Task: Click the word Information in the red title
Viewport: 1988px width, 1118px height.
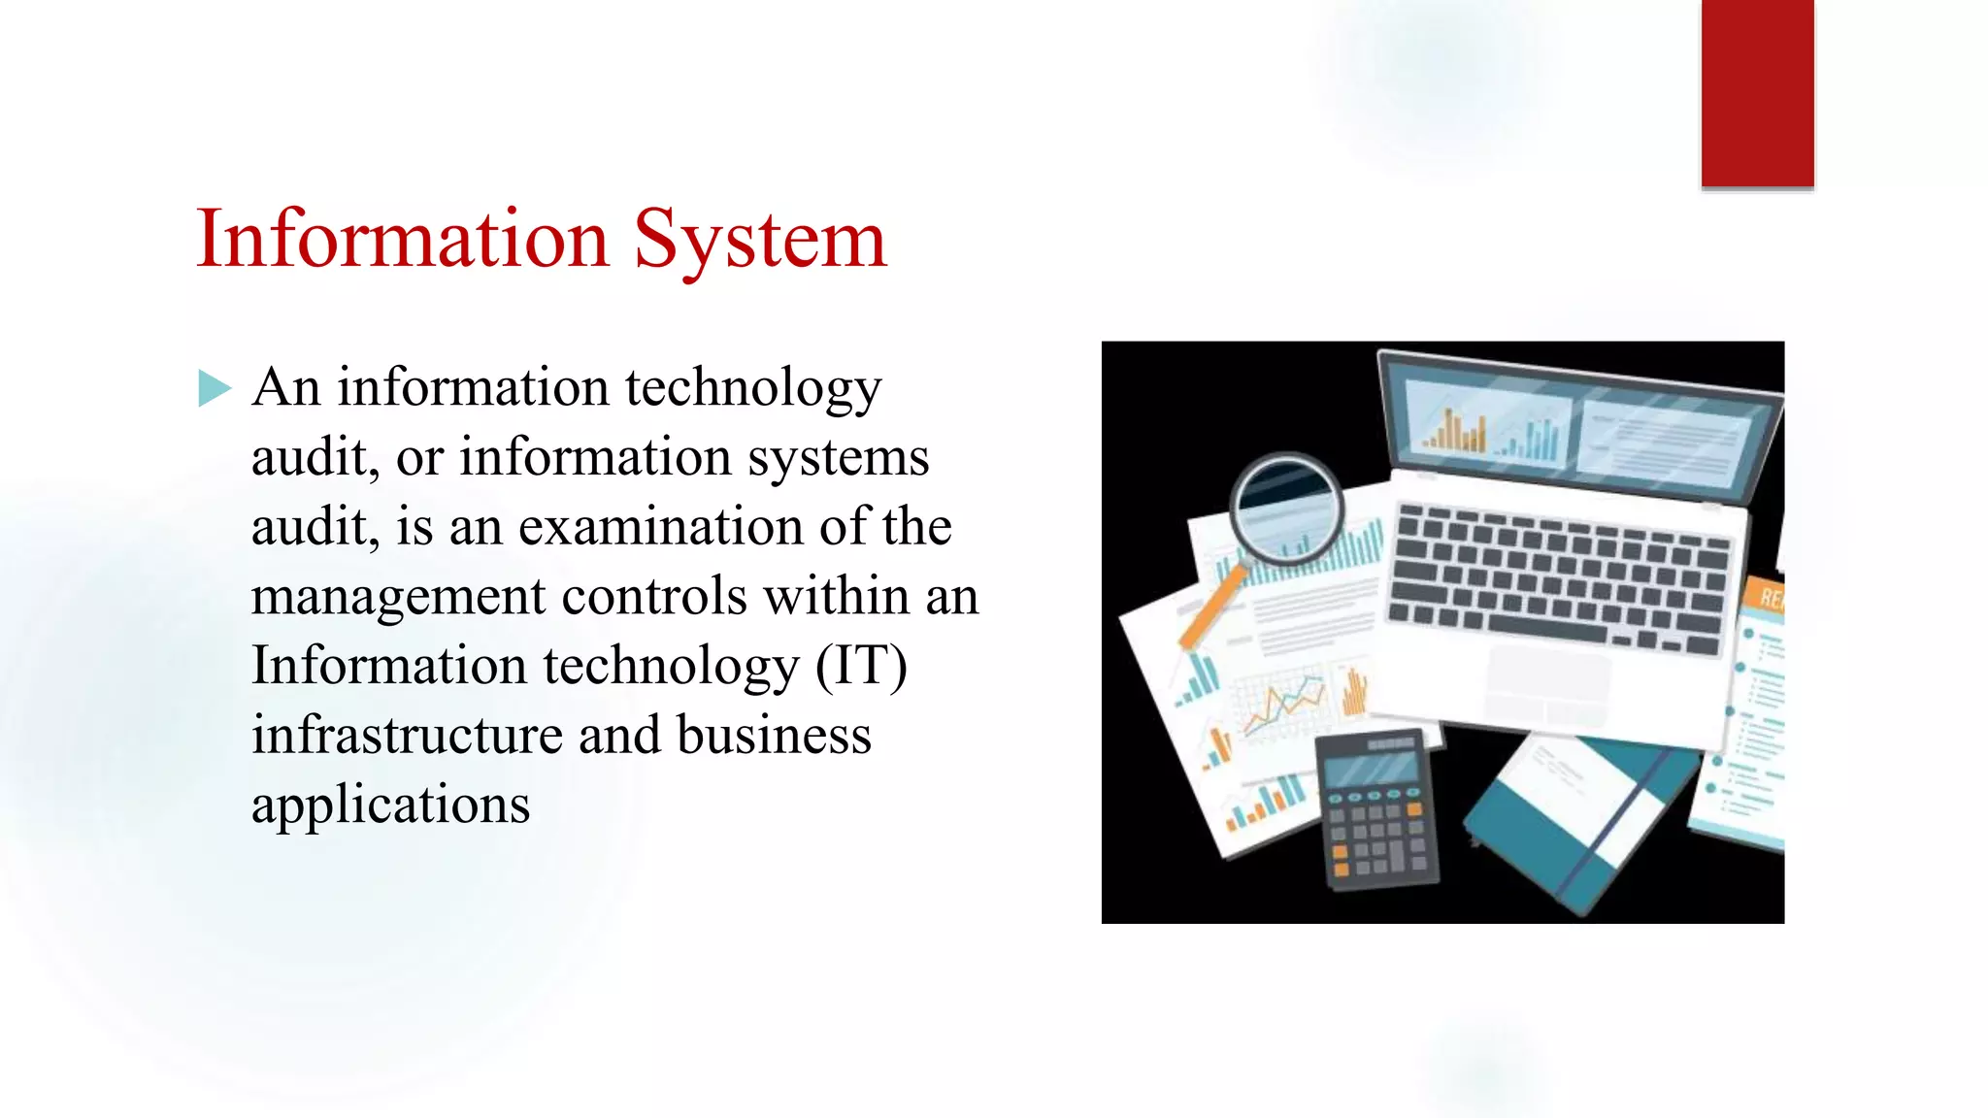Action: point(402,239)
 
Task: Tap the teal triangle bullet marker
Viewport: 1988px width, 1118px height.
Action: point(214,388)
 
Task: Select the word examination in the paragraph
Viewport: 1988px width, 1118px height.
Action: point(661,527)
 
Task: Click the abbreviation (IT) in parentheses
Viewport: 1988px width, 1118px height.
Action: point(861,667)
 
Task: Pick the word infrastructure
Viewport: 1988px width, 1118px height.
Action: point(407,735)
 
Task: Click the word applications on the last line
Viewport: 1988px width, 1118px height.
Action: point(390,806)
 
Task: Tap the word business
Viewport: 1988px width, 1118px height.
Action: point(774,735)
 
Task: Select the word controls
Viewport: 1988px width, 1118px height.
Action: point(653,596)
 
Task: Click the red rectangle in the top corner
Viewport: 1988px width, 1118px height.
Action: point(1757,92)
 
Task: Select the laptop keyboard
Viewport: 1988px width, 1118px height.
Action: point(1558,577)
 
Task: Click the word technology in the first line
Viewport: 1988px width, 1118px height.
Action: point(753,388)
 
